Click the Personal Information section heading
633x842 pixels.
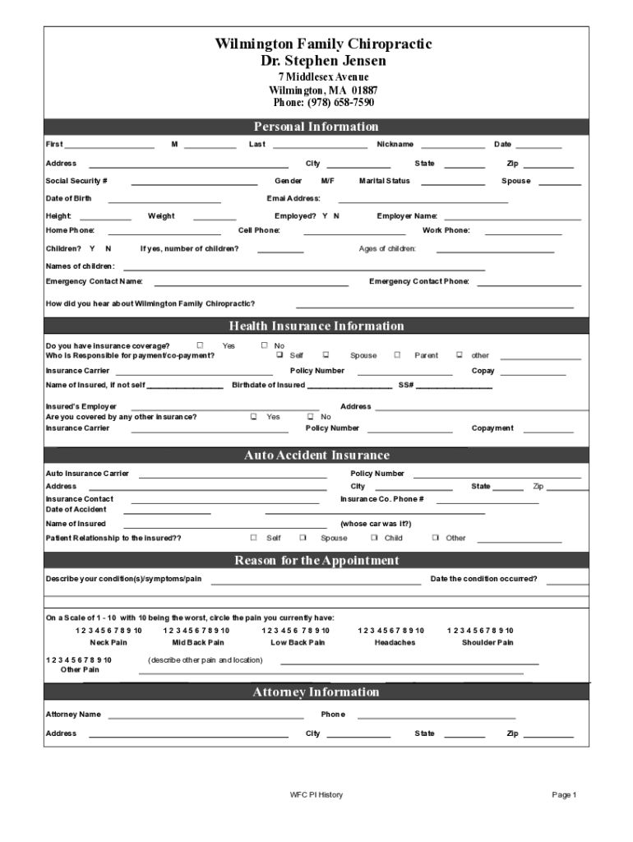[316, 127]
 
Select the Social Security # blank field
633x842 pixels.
[194, 182]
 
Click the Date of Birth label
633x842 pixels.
[68, 198]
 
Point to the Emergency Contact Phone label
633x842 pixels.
[419, 281]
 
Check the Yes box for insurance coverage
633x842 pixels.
[200, 345]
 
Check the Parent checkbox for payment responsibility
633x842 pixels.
[397, 355]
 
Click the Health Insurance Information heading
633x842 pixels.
[316, 326]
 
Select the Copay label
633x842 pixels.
[483, 371]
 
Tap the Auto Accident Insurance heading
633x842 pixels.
[316, 456]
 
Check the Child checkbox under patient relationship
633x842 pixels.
[374, 538]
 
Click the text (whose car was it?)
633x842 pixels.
[376, 524]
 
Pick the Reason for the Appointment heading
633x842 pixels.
[316, 561]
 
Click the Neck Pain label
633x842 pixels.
[109, 642]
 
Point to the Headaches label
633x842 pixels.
[395, 642]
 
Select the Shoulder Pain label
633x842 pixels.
[487, 642]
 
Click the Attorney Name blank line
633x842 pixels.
[206, 715]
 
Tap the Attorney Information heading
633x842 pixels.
[316, 692]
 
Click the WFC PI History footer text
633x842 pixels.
[316, 795]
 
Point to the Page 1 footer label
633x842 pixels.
[564, 795]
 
